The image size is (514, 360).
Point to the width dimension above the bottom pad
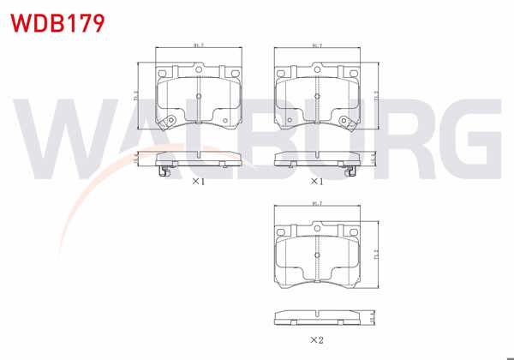317,203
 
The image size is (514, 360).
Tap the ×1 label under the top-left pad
197,182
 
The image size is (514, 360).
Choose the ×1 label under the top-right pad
316,182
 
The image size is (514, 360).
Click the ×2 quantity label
316,340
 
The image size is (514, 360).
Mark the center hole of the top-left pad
198,97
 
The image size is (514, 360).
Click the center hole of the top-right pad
317,97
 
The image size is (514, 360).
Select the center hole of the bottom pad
317,255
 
